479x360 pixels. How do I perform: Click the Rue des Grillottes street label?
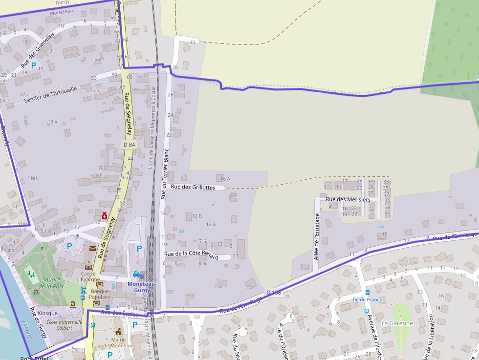194,187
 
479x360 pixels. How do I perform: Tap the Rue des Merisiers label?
348,199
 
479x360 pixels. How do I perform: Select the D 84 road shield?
129,145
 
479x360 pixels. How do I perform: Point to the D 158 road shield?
274,292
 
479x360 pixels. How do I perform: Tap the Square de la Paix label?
52,283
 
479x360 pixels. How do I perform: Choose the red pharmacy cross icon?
104,216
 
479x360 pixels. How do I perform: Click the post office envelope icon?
93,249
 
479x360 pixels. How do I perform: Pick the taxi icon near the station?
136,274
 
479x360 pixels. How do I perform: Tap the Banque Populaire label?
100,294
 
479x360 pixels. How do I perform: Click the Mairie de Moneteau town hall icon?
118,332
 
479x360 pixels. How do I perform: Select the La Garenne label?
397,323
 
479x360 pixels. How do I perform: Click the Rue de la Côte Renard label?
191,255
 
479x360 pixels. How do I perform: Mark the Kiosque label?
47,313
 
